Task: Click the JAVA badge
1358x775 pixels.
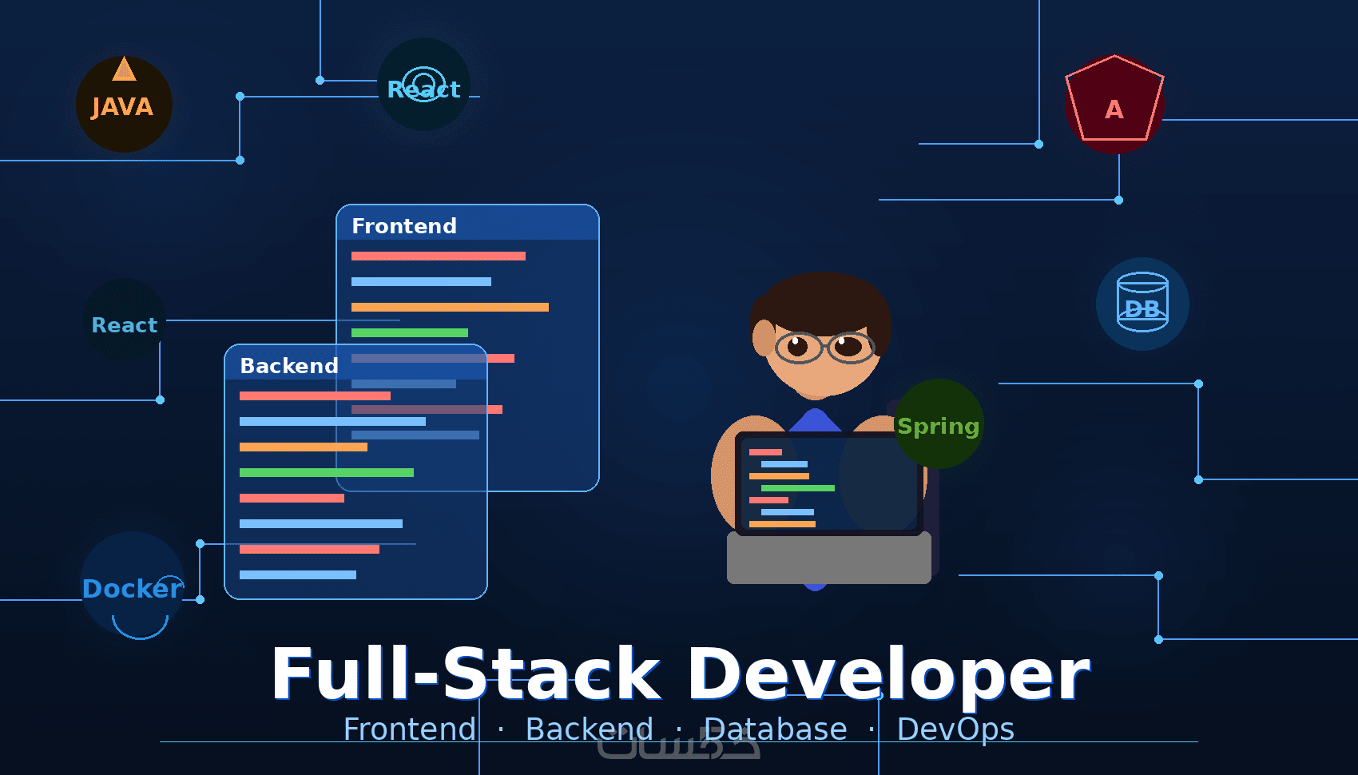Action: point(124,105)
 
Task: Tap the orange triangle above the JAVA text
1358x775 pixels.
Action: point(124,70)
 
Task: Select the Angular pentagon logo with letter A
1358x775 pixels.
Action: point(1114,101)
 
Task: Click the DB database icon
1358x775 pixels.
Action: point(1142,304)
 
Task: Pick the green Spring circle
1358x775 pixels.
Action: point(939,424)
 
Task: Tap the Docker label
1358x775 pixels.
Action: point(133,588)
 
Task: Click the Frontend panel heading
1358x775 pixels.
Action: point(404,226)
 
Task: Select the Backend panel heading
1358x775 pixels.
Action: point(289,366)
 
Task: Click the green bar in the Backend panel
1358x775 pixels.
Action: point(326,473)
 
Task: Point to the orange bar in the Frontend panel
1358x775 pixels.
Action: point(450,308)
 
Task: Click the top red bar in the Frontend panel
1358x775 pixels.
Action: point(438,256)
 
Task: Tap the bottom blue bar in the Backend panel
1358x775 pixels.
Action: point(297,575)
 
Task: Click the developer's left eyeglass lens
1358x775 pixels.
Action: point(797,347)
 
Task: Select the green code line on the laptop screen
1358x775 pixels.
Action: point(797,488)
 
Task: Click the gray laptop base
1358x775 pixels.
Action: point(828,558)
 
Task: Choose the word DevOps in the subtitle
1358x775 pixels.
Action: point(955,729)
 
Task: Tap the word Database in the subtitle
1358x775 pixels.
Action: point(775,729)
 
